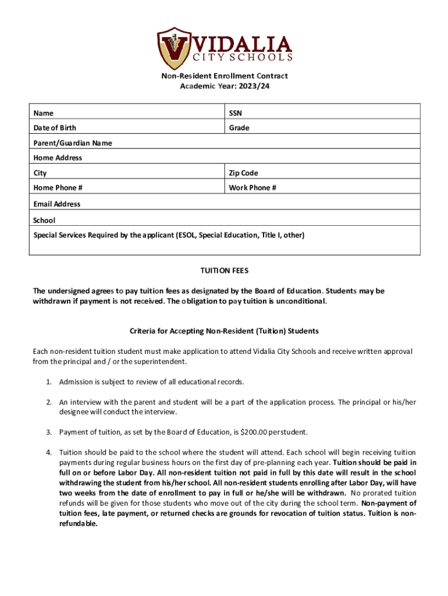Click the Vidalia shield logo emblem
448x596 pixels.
click(174, 48)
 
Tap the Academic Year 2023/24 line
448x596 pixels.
click(225, 86)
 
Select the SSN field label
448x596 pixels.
click(236, 113)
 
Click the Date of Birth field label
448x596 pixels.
click(55, 127)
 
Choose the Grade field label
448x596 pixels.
click(239, 127)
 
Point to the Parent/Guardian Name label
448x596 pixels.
click(73, 143)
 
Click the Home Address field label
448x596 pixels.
click(58, 158)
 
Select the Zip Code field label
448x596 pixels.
click(243, 173)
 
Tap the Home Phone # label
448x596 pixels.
click(58, 187)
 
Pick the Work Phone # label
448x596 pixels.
click(253, 187)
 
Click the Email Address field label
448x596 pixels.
click(57, 204)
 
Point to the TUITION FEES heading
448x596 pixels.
click(225, 271)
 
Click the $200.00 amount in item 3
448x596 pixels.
click(248, 432)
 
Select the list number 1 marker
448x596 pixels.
click(49, 382)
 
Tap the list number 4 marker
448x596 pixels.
click(49, 452)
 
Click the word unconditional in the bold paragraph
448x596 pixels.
click(303, 301)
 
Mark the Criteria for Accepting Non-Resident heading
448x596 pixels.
click(224, 331)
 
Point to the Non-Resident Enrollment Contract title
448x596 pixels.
click(225, 76)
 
